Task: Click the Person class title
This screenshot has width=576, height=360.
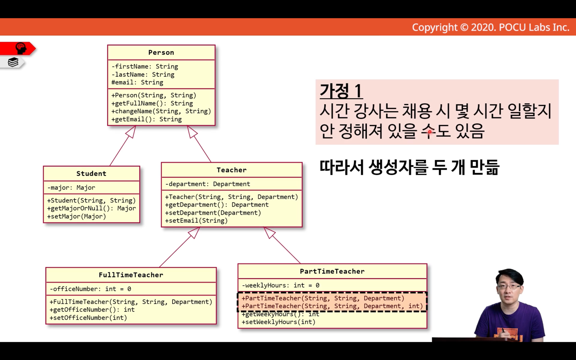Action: (161, 53)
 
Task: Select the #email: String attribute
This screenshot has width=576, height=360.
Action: (137, 82)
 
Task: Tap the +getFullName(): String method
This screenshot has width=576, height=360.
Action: (152, 103)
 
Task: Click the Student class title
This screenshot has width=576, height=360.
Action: (91, 174)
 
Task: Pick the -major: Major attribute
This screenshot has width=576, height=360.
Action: (71, 187)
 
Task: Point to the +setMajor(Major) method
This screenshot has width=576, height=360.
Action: (77, 216)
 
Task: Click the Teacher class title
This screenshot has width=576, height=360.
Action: (232, 170)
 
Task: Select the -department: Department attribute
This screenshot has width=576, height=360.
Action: (208, 184)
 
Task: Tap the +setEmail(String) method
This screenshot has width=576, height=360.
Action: (197, 221)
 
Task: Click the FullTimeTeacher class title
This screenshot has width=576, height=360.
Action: (131, 275)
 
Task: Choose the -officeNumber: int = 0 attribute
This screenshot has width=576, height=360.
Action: (90, 289)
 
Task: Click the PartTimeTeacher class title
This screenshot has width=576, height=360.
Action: (332, 271)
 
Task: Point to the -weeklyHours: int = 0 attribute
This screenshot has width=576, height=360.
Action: (280, 285)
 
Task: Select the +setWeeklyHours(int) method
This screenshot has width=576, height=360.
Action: (278, 322)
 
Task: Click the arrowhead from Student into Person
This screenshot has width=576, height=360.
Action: (131, 131)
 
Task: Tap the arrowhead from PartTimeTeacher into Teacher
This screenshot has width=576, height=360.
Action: (269, 232)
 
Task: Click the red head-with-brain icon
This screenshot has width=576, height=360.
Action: (21, 48)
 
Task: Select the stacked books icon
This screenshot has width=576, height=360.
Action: (13, 62)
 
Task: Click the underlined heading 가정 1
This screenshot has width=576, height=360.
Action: (341, 91)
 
